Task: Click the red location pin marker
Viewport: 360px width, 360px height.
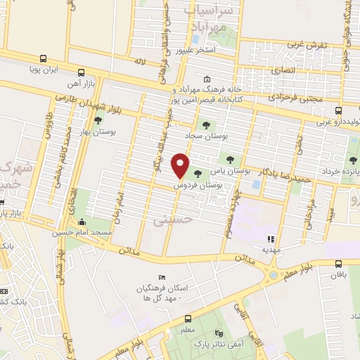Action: [181, 165]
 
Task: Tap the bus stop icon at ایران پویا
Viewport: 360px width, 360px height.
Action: [44, 59]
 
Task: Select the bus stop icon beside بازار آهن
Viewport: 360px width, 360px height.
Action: [82, 72]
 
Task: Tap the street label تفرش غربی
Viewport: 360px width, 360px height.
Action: [307, 45]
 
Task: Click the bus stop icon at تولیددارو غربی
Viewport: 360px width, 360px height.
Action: [339, 110]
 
